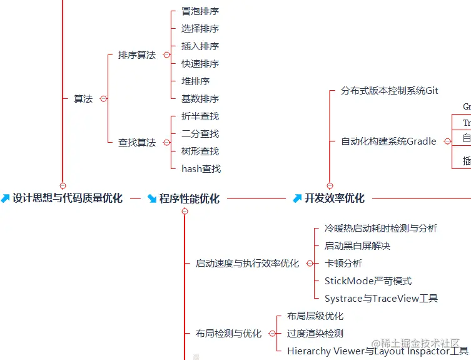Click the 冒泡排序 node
pyautogui.click(x=200, y=11)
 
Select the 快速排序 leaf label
pyautogui.click(x=200, y=64)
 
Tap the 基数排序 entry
pyautogui.click(x=200, y=99)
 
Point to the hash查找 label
pyautogui.click(x=201, y=169)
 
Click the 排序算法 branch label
pyautogui.click(x=137, y=55)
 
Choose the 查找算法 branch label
pyautogui.click(x=137, y=143)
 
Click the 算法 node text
pyautogui.click(x=83, y=99)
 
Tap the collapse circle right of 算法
pyautogui.click(x=103, y=99)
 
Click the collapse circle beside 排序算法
pyautogui.click(x=166, y=55)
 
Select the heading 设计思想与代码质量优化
pyautogui.click(x=68, y=198)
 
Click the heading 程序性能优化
pyautogui.click(x=190, y=199)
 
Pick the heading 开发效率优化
pyautogui.click(x=335, y=198)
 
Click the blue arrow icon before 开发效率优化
pyautogui.click(x=297, y=198)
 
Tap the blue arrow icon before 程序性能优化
pyautogui.click(x=152, y=199)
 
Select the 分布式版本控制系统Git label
pyautogui.click(x=390, y=91)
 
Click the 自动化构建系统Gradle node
pyautogui.click(x=388, y=141)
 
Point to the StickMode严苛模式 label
pyautogui.click(x=368, y=281)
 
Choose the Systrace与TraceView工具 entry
pyautogui.click(x=381, y=299)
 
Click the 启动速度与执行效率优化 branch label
pyautogui.click(x=247, y=264)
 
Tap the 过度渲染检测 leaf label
pyautogui.click(x=315, y=334)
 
